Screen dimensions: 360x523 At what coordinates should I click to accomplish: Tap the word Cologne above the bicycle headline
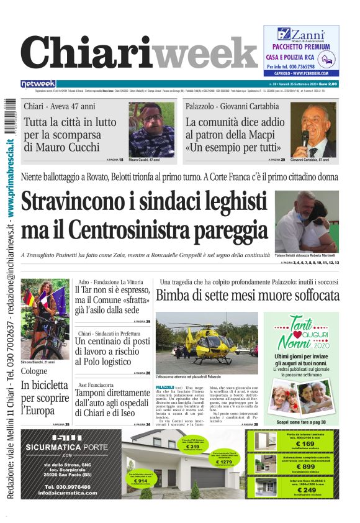(34, 371)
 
